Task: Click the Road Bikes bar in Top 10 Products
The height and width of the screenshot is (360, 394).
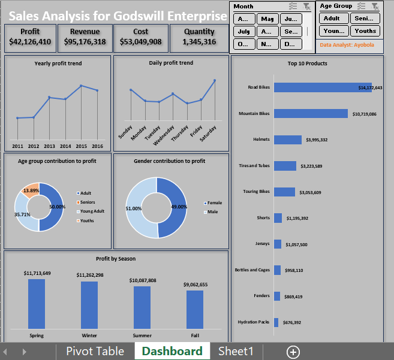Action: pyautogui.click(x=322, y=87)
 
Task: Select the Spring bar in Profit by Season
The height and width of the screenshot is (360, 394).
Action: pyautogui.click(x=37, y=303)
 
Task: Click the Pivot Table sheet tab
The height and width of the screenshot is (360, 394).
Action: pyautogui.click(x=95, y=352)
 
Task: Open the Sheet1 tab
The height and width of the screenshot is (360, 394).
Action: pyautogui.click(x=236, y=352)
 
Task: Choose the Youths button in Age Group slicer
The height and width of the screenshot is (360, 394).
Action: pyautogui.click(x=365, y=31)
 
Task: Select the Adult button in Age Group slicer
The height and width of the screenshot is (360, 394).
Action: pyautogui.click(x=332, y=18)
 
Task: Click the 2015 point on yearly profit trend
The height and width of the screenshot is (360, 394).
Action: pyautogui.click(x=81, y=86)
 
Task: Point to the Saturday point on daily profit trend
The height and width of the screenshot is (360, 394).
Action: pyautogui.click(x=214, y=80)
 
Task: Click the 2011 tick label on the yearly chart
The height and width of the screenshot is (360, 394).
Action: pyautogui.click(x=17, y=146)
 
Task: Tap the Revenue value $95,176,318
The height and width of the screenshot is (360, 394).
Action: pyautogui.click(x=85, y=42)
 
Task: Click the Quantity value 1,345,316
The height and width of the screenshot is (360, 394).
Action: pyautogui.click(x=199, y=42)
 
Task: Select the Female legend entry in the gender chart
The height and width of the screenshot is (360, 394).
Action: pyautogui.click(x=214, y=203)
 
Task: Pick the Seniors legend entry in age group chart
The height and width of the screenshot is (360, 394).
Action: pyautogui.click(x=87, y=202)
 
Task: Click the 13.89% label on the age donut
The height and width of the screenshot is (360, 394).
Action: pyautogui.click(x=31, y=190)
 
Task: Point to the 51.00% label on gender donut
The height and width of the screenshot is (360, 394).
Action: pyautogui.click(x=134, y=208)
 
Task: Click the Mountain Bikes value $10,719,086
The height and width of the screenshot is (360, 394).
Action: pyautogui.click(x=364, y=114)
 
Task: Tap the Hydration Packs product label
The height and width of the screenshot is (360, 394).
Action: pyautogui.click(x=254, y=322)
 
